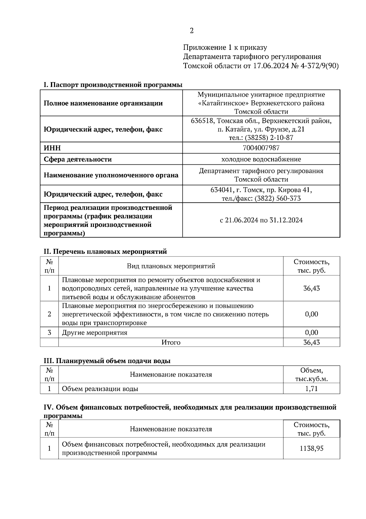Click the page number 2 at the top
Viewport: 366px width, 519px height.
[x=192, y=31]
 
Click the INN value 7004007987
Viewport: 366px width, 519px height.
[x=261, y=148]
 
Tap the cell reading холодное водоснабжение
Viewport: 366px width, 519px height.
[x=261, y=159]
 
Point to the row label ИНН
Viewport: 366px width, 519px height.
[x=52, y=148]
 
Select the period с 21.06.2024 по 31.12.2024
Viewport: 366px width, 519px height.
[x=261, y=220]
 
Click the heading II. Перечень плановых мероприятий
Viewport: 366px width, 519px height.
[x=106, y=252]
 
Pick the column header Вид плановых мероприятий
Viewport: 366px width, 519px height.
[x=171, y=266]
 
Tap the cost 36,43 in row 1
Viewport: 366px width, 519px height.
[x=311, y=288]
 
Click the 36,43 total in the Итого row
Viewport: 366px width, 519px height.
[x=311, y=342]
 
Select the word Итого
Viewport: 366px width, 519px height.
[x=171, y=342]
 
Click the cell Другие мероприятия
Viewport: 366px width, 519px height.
[x=95, y=333]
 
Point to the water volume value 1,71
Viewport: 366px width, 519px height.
[x=311, y=389]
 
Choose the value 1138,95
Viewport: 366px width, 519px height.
[x=311, y=448]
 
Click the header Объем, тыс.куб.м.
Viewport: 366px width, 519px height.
[x=311, y=375]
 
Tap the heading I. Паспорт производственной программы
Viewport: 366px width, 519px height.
[x=113, y=85]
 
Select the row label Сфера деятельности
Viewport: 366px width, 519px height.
[x=78, y=159]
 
